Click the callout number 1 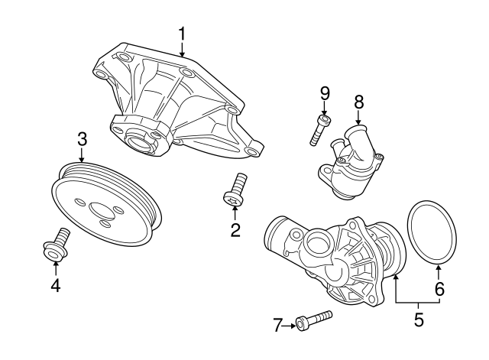coord(182,33)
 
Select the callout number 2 coord(235,229)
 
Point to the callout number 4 coord(56,287)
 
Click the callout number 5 coord(418,319)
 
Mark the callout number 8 coord(358,100)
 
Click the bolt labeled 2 coord(235,190)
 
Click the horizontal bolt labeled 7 coord(313,319)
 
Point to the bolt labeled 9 coord(320,129)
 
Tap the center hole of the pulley coord(102,209)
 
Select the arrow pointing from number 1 coord(182,50)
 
